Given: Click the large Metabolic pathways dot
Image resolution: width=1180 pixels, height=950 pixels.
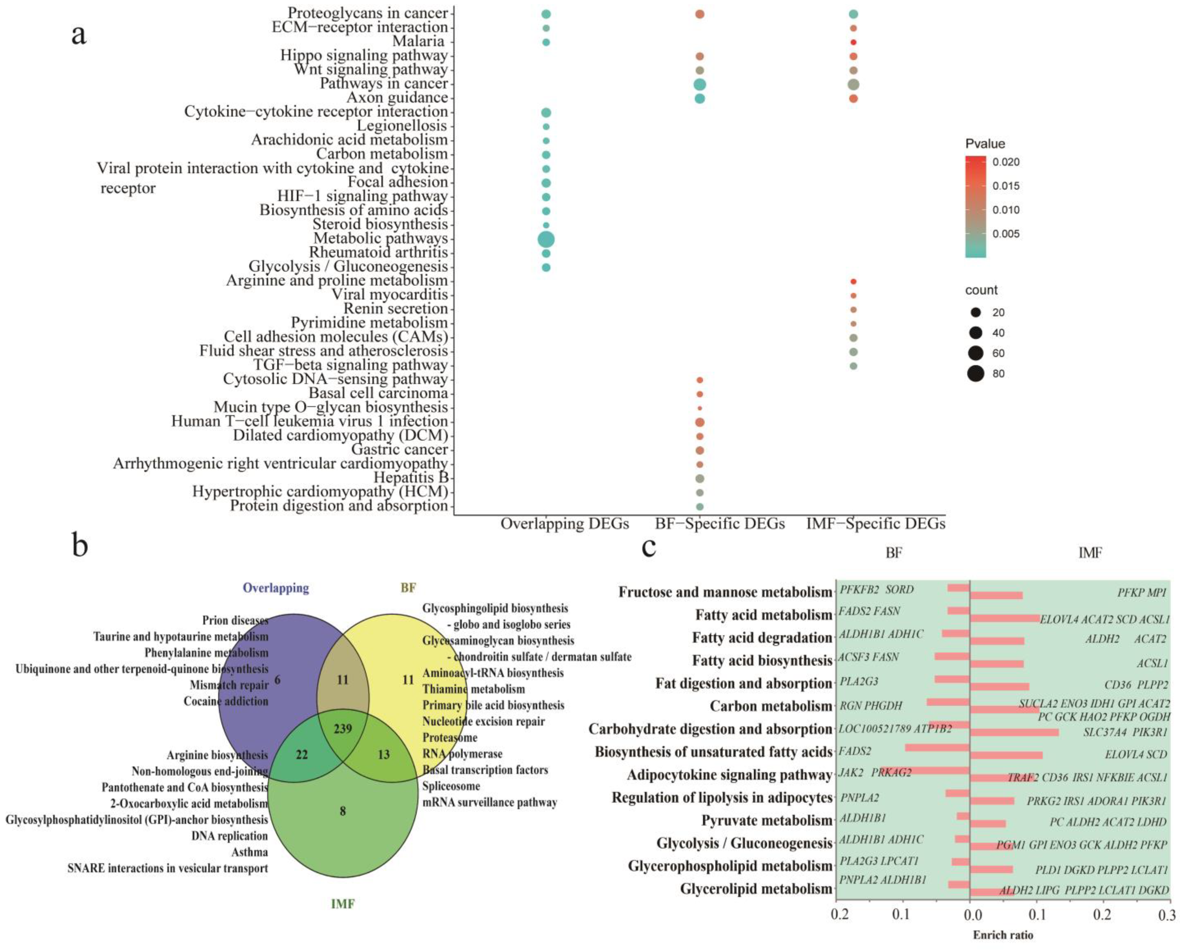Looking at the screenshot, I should tap(546, 239).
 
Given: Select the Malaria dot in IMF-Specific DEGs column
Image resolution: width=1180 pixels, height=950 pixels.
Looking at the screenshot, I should tap(853, 42).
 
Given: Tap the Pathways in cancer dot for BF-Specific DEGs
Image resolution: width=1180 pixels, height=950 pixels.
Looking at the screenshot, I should tap(700, 84).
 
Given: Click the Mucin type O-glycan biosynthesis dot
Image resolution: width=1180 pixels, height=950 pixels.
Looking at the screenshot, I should tap(700, 408).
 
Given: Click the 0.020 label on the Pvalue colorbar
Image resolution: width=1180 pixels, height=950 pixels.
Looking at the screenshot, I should tap(1006, 162).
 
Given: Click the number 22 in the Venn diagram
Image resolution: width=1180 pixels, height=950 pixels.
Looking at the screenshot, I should tap(302, 755).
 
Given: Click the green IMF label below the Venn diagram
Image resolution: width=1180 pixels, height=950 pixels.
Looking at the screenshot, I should tap(343, 903).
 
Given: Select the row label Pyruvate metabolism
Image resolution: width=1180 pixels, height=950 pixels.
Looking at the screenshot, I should tap(766, 820).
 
